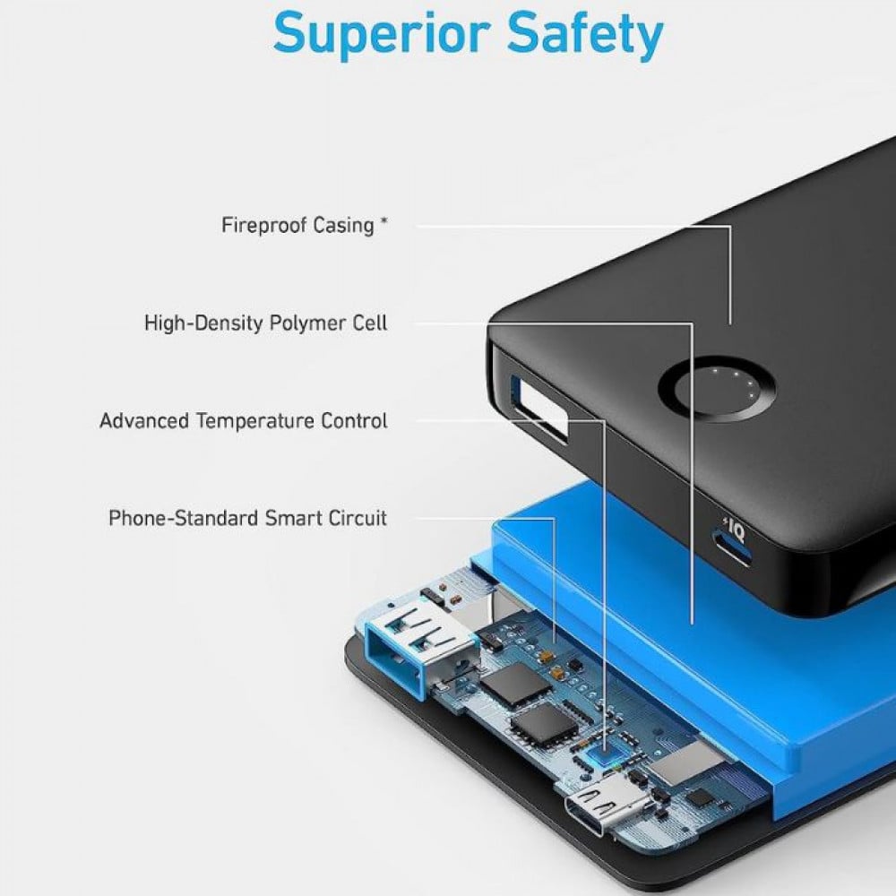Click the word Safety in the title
coord(585,34)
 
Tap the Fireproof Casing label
coord(297,225)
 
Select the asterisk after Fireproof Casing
coord(384,220)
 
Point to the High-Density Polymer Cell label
coord(266,323)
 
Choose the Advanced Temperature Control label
coord(244,420)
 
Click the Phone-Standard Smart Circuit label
coord(248,518)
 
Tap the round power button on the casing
coord(717,389)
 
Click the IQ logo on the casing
coord(736,531)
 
